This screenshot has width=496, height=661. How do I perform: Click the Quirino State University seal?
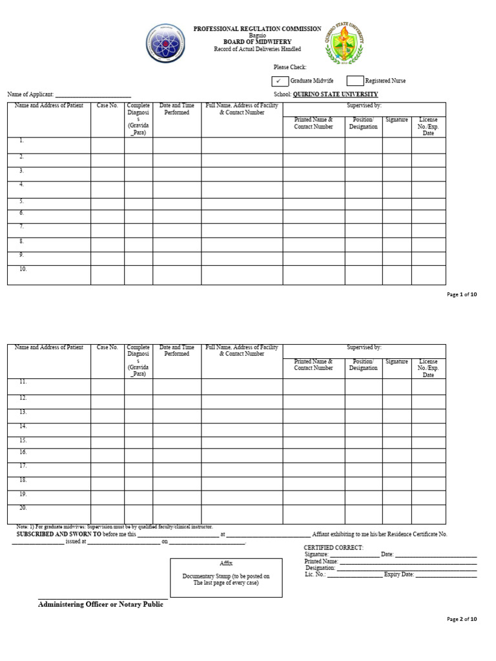[343, 43]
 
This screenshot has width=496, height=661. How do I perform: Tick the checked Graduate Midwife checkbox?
[279, 81]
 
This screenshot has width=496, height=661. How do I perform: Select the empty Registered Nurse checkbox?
[355, 81]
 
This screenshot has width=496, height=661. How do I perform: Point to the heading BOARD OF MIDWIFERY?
[257, 41]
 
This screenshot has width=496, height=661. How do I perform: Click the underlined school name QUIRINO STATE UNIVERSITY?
[335, 94]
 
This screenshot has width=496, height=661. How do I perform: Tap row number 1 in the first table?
[21, 140]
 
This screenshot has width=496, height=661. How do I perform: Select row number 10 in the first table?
[23, 269]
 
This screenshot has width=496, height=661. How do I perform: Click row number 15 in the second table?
[23, 440]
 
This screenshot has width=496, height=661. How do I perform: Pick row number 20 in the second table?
[23, 508]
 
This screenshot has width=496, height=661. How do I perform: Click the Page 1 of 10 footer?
[462, 294]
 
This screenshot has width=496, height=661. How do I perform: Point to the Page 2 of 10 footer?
[462, 619]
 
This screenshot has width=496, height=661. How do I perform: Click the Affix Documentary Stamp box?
[226, 576]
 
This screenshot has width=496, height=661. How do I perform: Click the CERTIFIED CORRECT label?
[333, 547]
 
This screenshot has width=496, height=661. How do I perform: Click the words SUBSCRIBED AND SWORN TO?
[59, 534]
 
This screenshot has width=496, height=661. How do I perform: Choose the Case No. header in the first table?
[107, 106]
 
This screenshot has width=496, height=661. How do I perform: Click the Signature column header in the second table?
[397, 362]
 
